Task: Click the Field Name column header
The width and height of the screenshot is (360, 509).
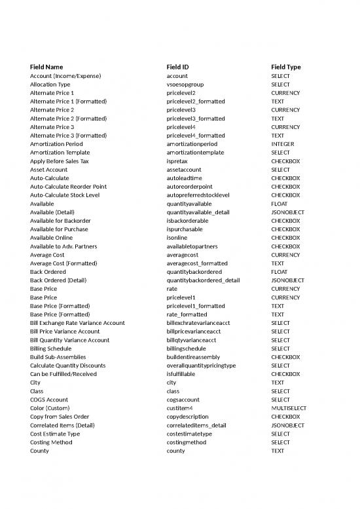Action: pos(46,67)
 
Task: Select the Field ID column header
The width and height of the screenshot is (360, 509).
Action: pos(181,67)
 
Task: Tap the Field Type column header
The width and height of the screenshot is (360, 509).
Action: pos(286,67)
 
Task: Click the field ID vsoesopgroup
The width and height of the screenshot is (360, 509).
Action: pos(185,85)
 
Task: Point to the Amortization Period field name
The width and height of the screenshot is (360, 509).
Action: pos(56,144)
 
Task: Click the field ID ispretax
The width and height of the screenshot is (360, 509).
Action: pos(178,161)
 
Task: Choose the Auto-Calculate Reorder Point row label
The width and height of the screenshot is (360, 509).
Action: pos(68,187)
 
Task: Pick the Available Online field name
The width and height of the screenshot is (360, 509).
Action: pos(53,238)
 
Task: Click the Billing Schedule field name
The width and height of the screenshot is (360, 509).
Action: pos(51,349)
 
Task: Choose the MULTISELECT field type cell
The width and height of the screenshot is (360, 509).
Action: pos(289,408)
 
